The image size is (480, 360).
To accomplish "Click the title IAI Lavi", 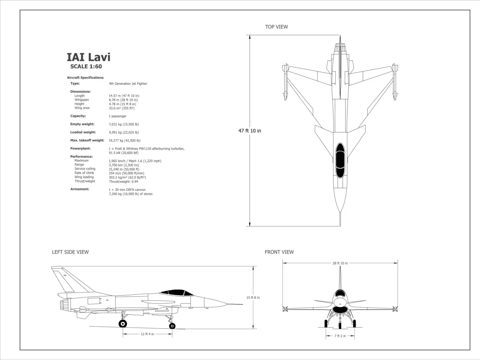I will coord(88,57).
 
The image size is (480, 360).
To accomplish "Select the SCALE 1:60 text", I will coord(86,67).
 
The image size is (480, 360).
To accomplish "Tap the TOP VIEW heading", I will coord(276,27).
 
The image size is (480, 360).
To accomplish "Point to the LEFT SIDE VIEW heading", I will coord(70,252).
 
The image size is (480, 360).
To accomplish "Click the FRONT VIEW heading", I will coord(279,252).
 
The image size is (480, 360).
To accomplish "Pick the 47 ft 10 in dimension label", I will coord(250,131).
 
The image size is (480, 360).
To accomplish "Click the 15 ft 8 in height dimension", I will coord(253,298).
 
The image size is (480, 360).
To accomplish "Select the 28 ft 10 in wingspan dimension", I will coord(340,263).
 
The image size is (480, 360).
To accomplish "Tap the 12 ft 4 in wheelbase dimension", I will coord(147,334).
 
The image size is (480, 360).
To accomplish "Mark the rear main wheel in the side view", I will coord(123,323).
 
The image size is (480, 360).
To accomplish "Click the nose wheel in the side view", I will coord(172,326).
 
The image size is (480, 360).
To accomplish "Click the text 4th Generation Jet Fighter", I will coord(128,84).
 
